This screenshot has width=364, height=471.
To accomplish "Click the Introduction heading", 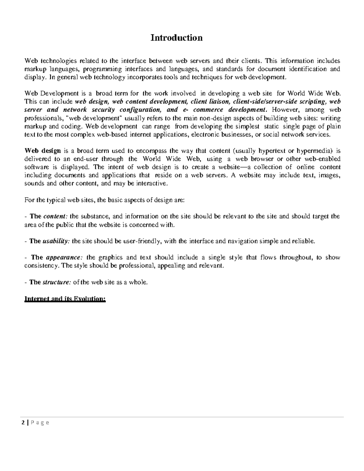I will click(177, 38).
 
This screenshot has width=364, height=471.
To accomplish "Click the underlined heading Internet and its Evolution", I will click(65, 299).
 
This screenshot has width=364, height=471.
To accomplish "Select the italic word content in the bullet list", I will click(56, 217).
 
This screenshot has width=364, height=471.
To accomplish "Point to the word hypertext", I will click(272, 151).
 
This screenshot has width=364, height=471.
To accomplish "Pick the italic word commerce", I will click(208, 110).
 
